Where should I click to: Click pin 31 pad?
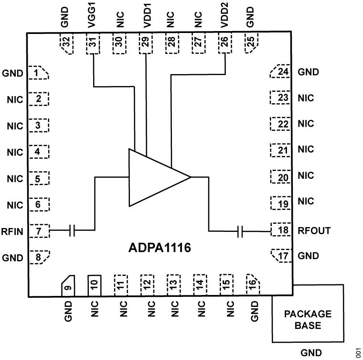coord(93,44)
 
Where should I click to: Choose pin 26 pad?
coord(224,44)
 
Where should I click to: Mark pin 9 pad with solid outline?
coord(67,285)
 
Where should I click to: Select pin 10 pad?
coord(94,285)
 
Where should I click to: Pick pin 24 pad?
coord(280,72)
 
